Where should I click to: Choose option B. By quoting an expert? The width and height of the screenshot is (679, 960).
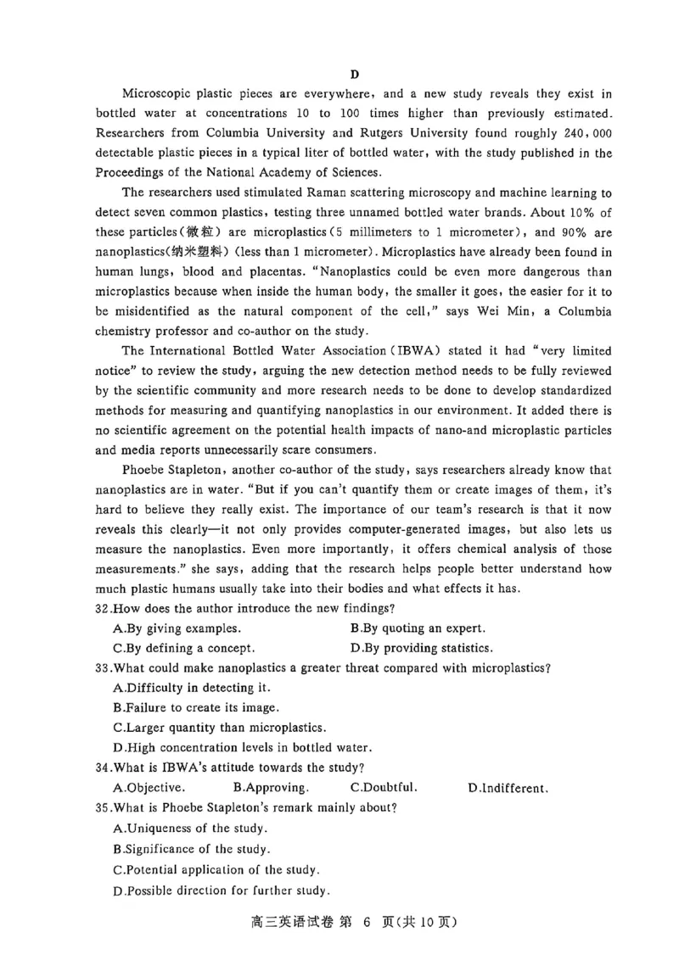click(417, 628)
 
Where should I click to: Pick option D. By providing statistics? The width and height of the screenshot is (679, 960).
click(421, 648)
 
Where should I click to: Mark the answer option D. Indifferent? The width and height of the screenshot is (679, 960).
click(507, 788)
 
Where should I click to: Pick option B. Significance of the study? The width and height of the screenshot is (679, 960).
click(191, 848)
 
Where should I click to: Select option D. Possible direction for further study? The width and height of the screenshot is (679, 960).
click(221, 890)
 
